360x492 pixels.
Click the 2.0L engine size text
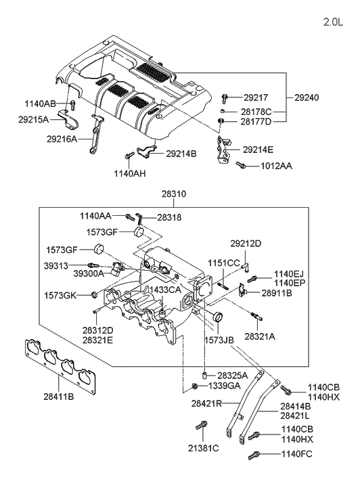click(x=334, y=22)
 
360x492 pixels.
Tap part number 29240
click(x=307, y=97)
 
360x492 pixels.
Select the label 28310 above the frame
click(x=174, y=194)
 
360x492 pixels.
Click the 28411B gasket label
click(x=59, y=397)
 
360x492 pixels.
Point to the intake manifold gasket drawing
click(x=60, y=367)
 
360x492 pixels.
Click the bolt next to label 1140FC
click(x=254, y=455)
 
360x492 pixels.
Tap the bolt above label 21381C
click(x=201, y=425)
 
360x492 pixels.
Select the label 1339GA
click(x=225, y=386)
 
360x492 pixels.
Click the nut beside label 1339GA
click(x=194, y=386)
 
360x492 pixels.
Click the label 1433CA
click(x=165, y=290)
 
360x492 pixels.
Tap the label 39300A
click(x=89, y=273)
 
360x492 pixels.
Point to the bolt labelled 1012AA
click(x=240, y=164)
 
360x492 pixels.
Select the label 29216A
click(x=62, y=139)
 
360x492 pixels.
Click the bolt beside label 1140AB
click(x=72, y=105)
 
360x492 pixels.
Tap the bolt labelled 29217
click(x=225, y=98)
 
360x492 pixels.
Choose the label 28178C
click(x=256, y=112)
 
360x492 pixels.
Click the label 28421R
click(x=206, y=403)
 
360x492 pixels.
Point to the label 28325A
click(x=233, y=376)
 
